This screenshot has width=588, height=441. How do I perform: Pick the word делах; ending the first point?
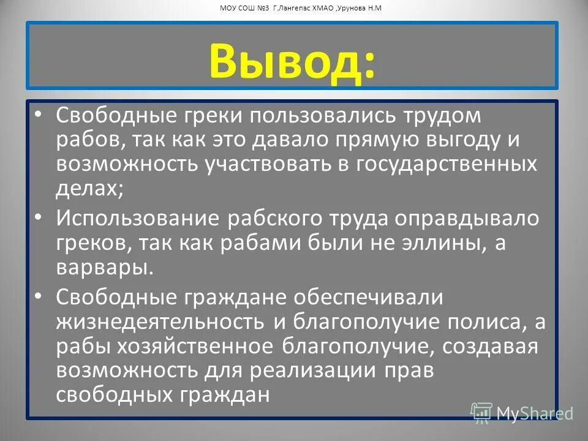point(89,187)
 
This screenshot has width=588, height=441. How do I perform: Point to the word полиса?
point(480,321)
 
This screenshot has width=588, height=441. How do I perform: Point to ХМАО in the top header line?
point(321,9)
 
